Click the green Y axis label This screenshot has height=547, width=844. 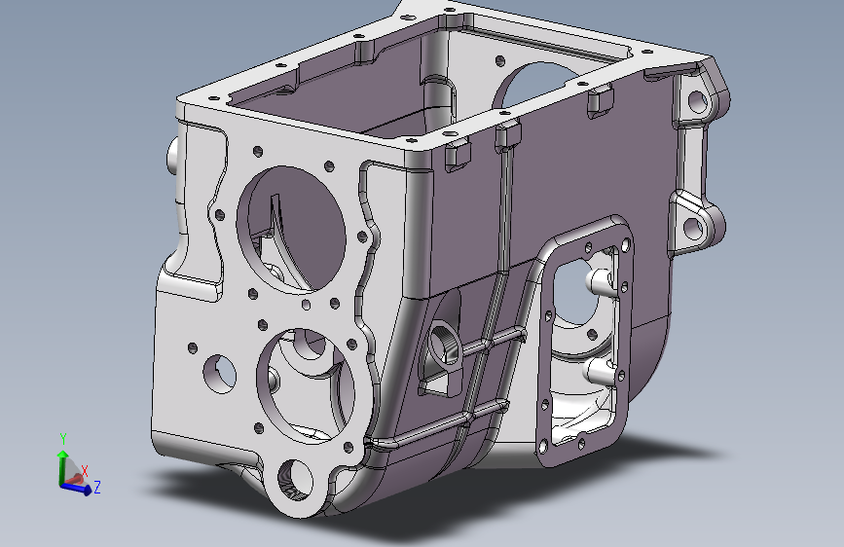tap(63, 439)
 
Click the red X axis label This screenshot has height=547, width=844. tap(85, 472)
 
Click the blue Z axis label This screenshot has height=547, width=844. tap(97, 488)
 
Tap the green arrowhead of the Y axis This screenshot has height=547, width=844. tap(63, 455)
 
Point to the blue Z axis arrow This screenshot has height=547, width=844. tap(76, 489)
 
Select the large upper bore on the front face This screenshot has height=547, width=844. tap(291, 230)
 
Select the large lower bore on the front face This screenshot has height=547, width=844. tap(306, 385)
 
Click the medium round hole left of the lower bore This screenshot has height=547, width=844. tap(220, 373)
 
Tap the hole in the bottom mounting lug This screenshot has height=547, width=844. tap(295, 480)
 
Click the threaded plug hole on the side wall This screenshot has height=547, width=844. tap(444, 344)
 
